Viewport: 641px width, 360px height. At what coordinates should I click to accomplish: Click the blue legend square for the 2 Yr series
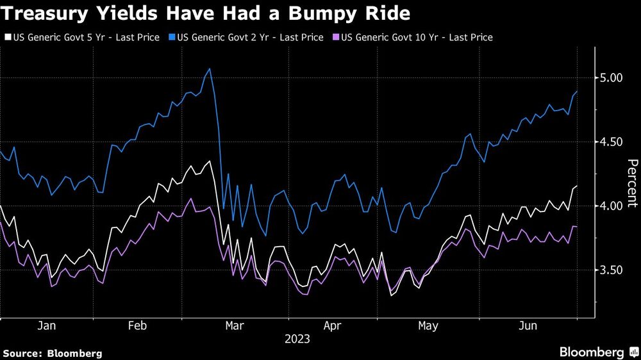[171, 38]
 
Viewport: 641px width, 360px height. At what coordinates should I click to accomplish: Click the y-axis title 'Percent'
[631, 183]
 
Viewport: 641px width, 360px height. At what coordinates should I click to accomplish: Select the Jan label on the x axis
[47, 326]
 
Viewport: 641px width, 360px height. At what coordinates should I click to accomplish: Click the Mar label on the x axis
[235, 326]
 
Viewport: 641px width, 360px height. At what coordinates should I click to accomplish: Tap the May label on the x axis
[428, 326]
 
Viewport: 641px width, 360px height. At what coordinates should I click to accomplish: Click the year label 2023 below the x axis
[297, 339]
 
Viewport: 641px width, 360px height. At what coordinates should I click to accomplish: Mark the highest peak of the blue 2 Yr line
[210, 69]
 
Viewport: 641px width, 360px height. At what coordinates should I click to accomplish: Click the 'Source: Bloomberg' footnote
[53, 353]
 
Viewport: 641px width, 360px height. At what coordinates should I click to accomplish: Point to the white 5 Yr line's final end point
[577, 186]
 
